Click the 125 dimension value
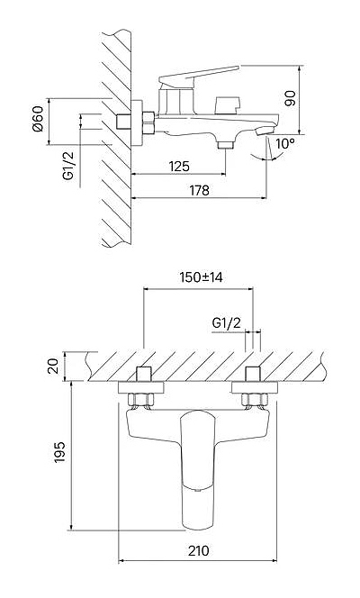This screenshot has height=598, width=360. tap(179, 167)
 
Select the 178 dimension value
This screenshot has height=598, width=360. tap(199, 190)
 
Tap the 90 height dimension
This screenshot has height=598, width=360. tap(291, 99)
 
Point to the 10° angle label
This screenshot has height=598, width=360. tap(285, 144)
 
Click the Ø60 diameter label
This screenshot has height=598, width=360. tap(38, 119)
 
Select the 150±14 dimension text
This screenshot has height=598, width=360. tap(201, 277)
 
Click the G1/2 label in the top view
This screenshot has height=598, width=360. tap(227, 323)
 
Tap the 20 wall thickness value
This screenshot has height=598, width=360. tap(55, 367)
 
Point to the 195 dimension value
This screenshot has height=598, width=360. tap(59, 452)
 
